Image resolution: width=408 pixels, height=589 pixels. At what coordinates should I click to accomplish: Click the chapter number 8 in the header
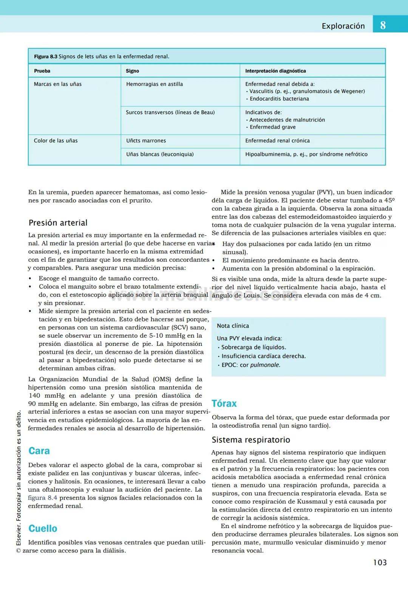[383, 25]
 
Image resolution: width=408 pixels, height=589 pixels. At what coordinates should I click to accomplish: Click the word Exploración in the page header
[343, 26]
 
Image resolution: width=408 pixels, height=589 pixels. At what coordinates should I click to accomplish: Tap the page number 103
[380, 563]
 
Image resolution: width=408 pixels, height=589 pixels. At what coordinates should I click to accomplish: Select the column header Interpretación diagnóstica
[275, 71]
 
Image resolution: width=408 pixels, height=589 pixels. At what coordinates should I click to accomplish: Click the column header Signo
[132, 71]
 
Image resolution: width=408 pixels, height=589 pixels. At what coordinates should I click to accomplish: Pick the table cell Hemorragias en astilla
[154, 84]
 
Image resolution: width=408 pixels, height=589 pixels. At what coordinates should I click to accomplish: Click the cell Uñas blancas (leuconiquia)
[160, 154]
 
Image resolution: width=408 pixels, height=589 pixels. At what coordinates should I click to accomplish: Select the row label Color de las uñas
[56, 141]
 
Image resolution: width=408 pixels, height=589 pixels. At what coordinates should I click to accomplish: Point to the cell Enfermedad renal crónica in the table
[277, 141]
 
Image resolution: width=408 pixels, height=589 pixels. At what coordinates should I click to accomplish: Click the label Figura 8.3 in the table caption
[45, 57]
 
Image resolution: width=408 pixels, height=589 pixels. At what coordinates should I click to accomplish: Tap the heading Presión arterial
[58, 223]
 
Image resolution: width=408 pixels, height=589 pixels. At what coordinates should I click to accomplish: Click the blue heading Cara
[39, 451]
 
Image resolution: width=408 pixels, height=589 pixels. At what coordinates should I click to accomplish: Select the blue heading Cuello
[43, 529]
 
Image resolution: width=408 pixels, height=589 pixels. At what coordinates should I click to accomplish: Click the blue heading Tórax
[224, 403]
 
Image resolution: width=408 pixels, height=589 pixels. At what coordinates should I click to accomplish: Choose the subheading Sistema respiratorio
[251, 440]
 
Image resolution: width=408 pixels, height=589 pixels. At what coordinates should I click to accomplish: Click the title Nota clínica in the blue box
[233, 326]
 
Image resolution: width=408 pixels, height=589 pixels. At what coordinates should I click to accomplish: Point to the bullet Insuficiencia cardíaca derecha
[263, 356]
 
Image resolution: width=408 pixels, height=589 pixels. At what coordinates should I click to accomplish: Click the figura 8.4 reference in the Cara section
[42, 498]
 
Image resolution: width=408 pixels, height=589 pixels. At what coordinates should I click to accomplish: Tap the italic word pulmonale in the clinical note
[265, 365]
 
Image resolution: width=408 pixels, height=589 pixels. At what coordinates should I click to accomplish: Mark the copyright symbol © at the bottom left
[19, 551]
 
